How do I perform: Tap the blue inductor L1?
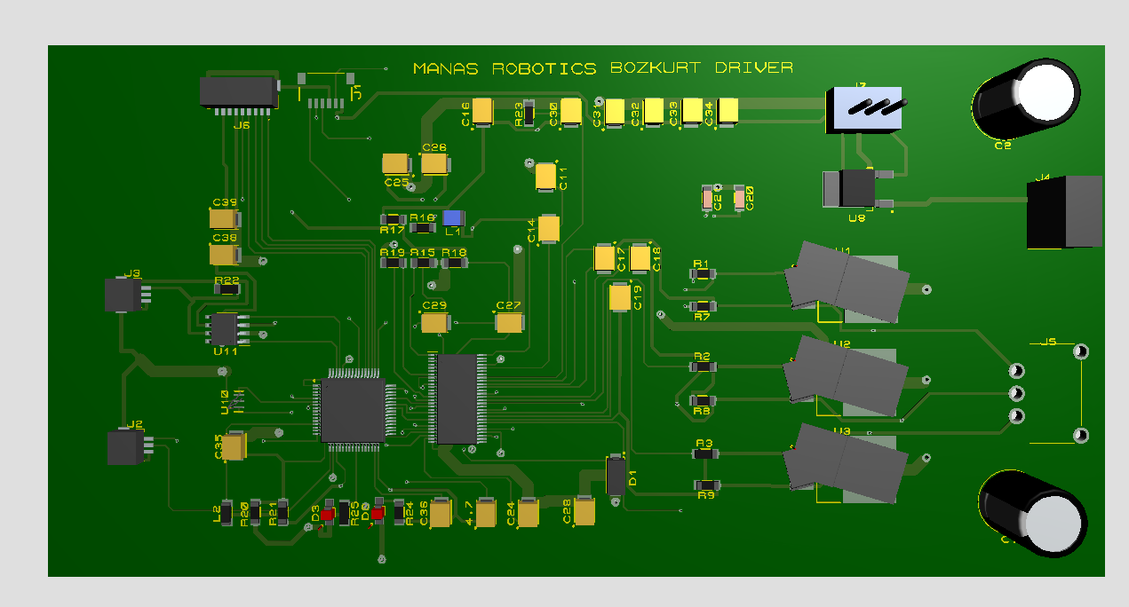click(453, 218)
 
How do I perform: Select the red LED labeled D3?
click(328, 514)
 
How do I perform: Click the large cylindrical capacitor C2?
click(1026, 97)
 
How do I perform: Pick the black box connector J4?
click(1064, 211)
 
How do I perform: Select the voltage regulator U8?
click(855, 188)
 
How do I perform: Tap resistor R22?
click(228, 288)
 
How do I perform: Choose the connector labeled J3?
click(123, 295)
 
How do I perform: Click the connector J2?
click(124, 447)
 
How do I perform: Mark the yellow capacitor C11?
click(545, 177)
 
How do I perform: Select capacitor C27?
click(509, 323)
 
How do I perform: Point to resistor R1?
click(703, 275)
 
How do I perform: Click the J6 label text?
click(241, 126)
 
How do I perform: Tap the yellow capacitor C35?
click(234, 446)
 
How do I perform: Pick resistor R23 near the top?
click(529, 113)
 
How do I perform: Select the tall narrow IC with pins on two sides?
click(457, 398)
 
